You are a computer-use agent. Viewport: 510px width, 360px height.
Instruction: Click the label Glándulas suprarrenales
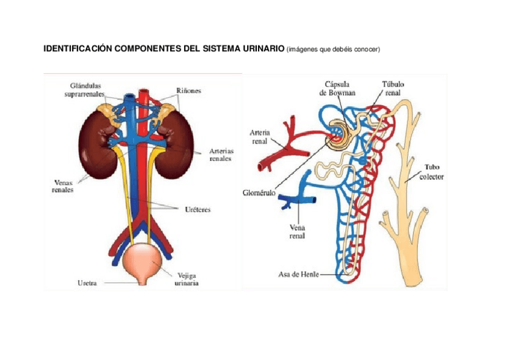click(x=85, y=90)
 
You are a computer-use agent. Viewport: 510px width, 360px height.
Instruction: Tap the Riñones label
click(x=189, y=91)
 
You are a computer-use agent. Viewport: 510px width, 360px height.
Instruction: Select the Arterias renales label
click(x=221, y=154)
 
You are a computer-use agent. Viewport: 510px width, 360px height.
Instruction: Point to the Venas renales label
click(x=63, y=186)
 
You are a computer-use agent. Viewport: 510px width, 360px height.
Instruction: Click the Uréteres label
click(x=198, y=210)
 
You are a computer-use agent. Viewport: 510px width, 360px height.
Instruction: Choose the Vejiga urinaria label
click(x=186, y=279)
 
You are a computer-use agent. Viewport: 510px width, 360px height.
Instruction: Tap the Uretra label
click(x=87, y=283)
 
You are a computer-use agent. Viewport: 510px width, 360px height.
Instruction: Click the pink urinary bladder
click(x=142, y=261)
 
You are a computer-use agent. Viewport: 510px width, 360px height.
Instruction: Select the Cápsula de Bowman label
click(x=337, y=88)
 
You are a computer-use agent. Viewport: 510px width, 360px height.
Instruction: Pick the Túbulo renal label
click(x=393, y=88)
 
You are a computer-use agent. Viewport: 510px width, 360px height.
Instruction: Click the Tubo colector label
click(x=432, y=172)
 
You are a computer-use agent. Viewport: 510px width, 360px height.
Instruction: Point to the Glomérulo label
click(x=259, y=193)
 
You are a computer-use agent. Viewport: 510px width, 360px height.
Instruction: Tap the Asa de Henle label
click(x=298, y=274)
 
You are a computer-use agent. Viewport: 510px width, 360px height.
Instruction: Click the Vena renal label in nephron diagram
click(x=297, y=231)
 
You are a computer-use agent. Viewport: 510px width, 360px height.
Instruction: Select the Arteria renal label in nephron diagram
click(x=260, y=137)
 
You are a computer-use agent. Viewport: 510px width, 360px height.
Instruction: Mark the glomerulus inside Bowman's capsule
click(x=336, y=135)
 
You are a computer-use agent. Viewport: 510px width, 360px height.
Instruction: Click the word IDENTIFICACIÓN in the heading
click(x=78, y=49)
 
